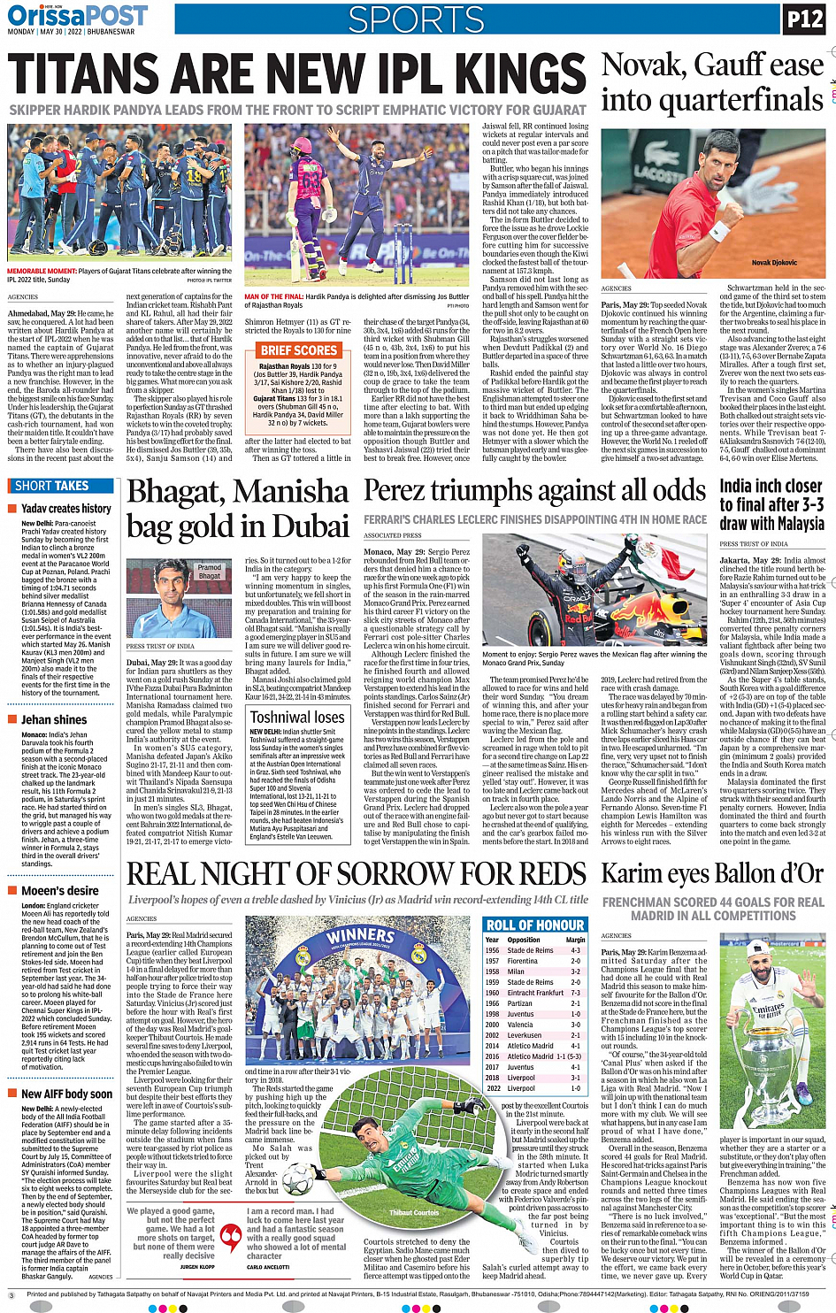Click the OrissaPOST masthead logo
click(x=77, y=16)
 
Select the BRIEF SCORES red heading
click(x=298, y=350)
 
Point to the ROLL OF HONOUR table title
click(x=534, y=925)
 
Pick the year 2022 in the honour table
click(x=492, y=1088)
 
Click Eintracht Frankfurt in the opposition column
click(x=535, y=993)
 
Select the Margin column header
click(x=575, y=940)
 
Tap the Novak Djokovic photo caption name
click(x=774, y=263)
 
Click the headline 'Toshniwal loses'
click(x=297, y=717)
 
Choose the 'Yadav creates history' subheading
click(x=66, y=509)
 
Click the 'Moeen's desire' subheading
click(x=60, y=891)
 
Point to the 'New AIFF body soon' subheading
click(x=67, y=1094)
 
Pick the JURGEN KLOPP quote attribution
click(x=196, y=1267)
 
